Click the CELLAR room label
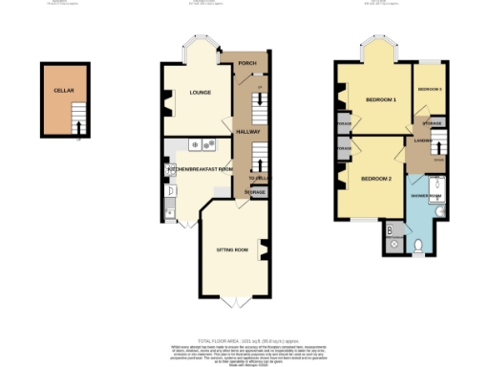pos(63,90)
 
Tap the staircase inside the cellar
pos(79,123)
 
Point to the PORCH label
pos(246,64)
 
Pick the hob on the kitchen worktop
pos(203,144)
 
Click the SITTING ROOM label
pos(232,248)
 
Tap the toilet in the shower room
pos(421,248)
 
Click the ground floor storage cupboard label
pos(255,192)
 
